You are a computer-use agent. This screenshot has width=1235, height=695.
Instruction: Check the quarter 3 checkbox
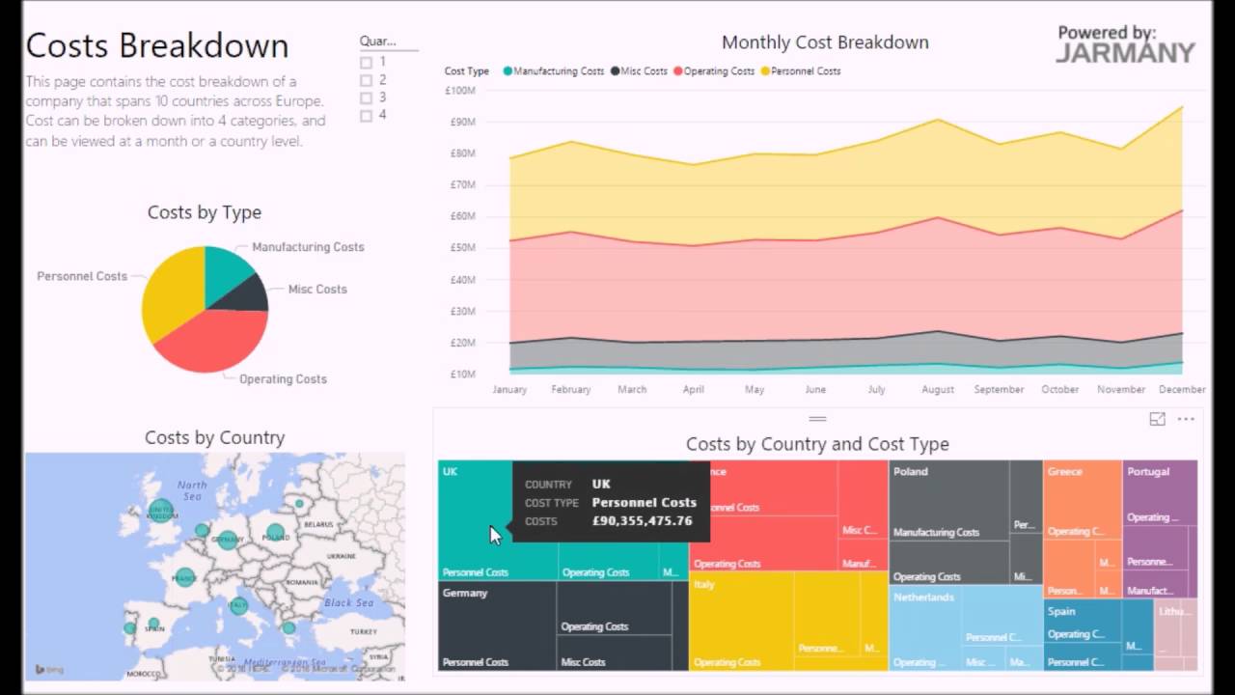click(366, 97)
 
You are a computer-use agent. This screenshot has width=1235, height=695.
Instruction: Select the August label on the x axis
click(937, 389)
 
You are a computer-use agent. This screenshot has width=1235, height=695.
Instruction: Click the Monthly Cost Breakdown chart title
click(825, 42)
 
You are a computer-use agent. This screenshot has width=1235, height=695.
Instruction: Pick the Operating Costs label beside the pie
click(283, 378)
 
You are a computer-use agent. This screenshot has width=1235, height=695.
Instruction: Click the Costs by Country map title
click(214, 437)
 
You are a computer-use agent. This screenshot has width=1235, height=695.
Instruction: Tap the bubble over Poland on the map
click(276, 530)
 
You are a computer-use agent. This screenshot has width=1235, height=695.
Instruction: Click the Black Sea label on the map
click(348, 602)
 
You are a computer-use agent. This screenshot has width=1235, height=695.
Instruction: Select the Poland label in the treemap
click(910, 472)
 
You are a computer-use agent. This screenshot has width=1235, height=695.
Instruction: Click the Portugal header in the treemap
click(1148, 472)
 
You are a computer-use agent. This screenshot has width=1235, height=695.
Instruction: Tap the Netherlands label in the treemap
click(923, 598)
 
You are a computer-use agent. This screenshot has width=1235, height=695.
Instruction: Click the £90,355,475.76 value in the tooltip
click(642, 521)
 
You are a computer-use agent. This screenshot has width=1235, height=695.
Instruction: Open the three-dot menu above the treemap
click(1186, 419)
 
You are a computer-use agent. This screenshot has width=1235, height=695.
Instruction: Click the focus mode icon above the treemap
click(1157, 419)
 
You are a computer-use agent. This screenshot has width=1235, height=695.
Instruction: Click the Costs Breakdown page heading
click(157, 45)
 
